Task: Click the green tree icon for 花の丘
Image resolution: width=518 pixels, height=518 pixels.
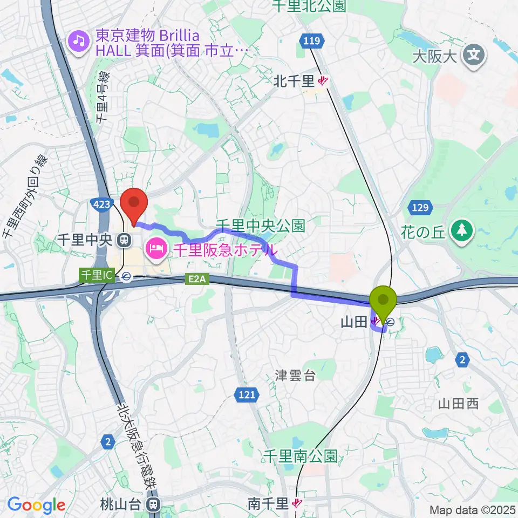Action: pyautogui.click(x=461, y=230)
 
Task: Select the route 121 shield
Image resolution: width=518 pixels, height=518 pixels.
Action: pyautogui.click(x=246, y=396)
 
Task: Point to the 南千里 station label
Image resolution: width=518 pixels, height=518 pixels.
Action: pyautogui.click(x=268, y=504)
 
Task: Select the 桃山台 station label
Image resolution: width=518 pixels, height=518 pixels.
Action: pyautogui.click(x=121, y=504)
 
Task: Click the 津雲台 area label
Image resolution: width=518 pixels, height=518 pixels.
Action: pyautogui.click(x=295, y=376)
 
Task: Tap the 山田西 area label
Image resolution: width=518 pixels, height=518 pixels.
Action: pyautogui.click(x=458, y=403)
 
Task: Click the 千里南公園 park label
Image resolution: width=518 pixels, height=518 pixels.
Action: pyautogui.click(x=300, y=456)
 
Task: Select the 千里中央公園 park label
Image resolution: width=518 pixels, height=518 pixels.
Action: pyautogui.click(x=261, y=224)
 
